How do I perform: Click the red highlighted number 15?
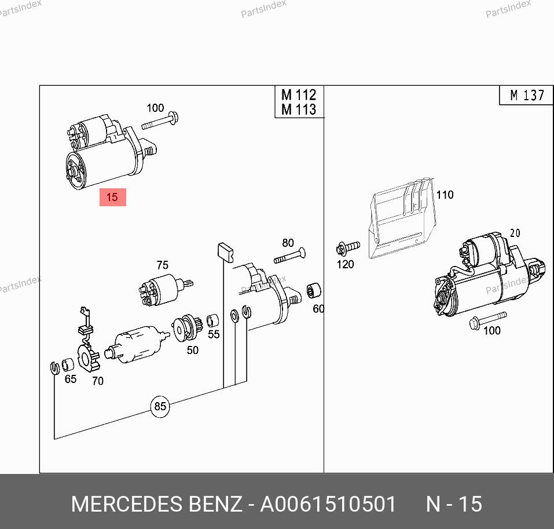[113, 197]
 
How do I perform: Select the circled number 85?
[160, 406]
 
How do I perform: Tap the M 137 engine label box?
[526, 95]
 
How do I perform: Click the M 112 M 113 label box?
[299, 102]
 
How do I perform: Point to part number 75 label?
[163, 265]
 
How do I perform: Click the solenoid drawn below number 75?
[164, 289]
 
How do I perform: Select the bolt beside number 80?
[289, 256]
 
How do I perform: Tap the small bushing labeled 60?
[314, 290]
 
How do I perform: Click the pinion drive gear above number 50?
[186, 328]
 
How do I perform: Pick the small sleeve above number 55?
[212, 321]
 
